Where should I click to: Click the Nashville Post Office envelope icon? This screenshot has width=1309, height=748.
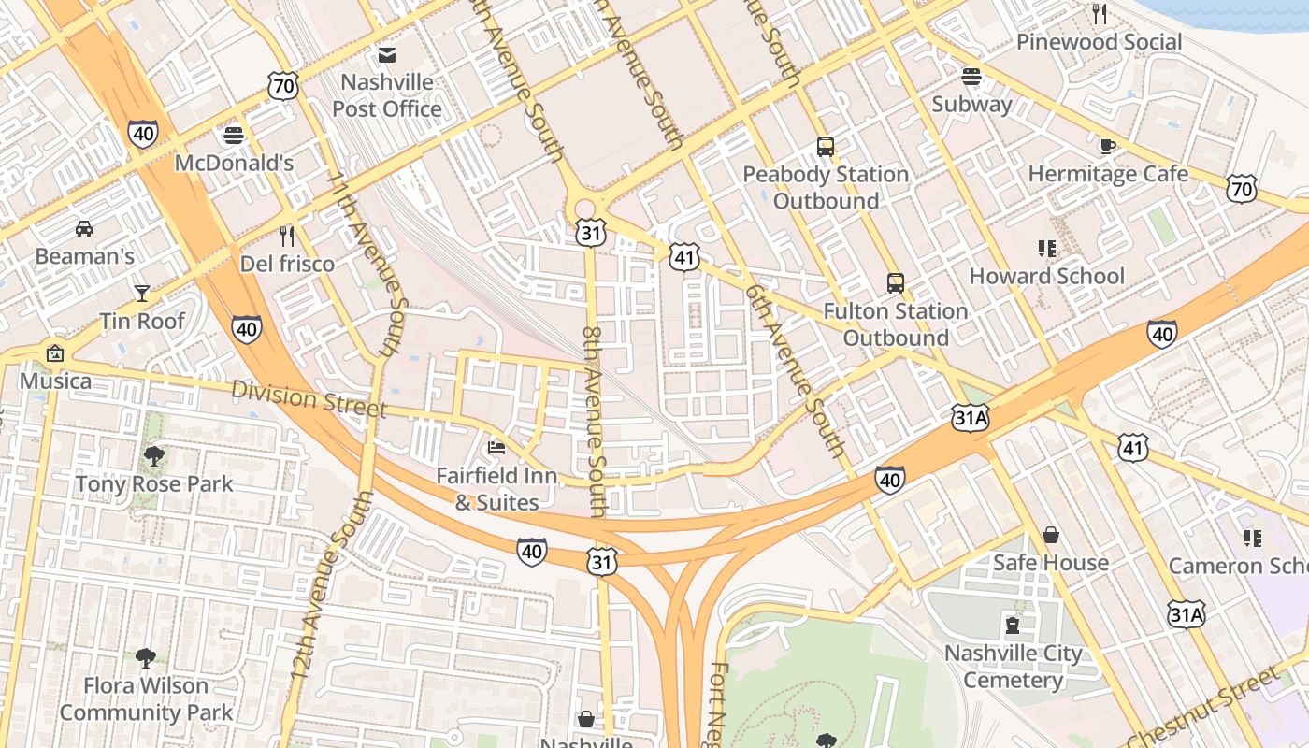387,54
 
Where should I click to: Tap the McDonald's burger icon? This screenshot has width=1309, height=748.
234,136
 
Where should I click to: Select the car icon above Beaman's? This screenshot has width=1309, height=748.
84,228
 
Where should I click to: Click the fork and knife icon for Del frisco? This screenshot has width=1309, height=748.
287,236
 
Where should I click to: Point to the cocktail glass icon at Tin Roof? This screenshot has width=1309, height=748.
142,294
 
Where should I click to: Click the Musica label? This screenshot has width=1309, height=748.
56,381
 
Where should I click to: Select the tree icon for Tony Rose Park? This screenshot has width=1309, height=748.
154,456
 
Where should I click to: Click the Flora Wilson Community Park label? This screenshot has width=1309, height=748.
147,698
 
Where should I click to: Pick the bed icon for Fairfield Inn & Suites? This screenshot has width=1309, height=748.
496,448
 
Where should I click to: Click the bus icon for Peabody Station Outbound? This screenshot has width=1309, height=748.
826,147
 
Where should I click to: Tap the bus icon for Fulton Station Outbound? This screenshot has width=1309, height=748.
896,282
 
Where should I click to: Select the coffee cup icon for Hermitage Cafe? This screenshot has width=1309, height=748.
1108,146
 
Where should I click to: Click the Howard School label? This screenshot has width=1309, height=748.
1046,276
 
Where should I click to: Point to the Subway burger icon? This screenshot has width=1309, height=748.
971,77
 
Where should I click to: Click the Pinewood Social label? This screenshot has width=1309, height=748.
1099,42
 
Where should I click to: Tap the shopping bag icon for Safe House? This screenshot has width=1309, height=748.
1051,535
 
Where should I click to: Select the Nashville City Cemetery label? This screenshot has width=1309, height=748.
1013,667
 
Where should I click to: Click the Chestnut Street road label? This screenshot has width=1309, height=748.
1206,709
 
